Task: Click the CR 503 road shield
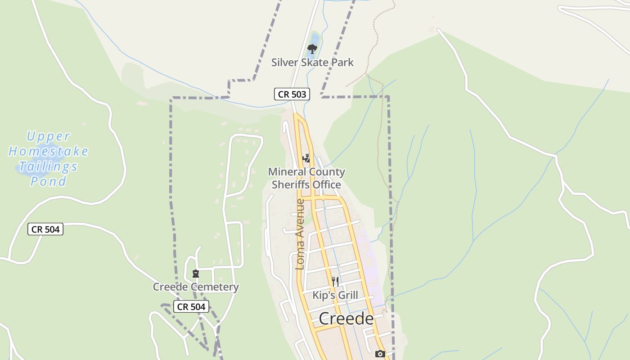(292, 94)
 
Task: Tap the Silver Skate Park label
(312, 62)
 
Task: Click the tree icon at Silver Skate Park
(311, 49)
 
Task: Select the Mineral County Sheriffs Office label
(306, 178)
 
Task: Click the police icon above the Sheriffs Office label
(306, 158)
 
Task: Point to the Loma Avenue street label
(300, 234)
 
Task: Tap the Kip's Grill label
(335, 295)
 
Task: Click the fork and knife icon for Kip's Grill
(335, 282)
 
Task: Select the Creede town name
(346, 319)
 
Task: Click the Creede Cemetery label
(196, 287)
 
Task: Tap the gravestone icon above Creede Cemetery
(196, 273)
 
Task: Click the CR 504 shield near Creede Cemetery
(191, 306)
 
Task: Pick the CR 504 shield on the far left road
(45, 229)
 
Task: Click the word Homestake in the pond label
(49, 151)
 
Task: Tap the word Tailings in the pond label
(49, 166)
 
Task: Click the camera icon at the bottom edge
(380, 354)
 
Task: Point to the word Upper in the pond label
(49, 136)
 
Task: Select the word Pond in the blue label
(49, 182)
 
